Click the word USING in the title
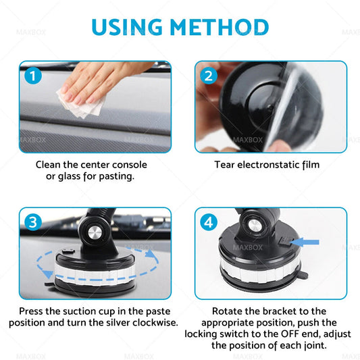tap(127, 27)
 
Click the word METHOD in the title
tap(220, 27)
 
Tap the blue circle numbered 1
tap(33, 76)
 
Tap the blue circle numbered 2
tap(209, 76)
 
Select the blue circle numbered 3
tap(33, 222)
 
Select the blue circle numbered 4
tap(209, 222)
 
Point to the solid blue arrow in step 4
tap(305, 242)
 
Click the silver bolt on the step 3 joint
tap(95, 233)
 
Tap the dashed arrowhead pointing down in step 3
tap(48, 275)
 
